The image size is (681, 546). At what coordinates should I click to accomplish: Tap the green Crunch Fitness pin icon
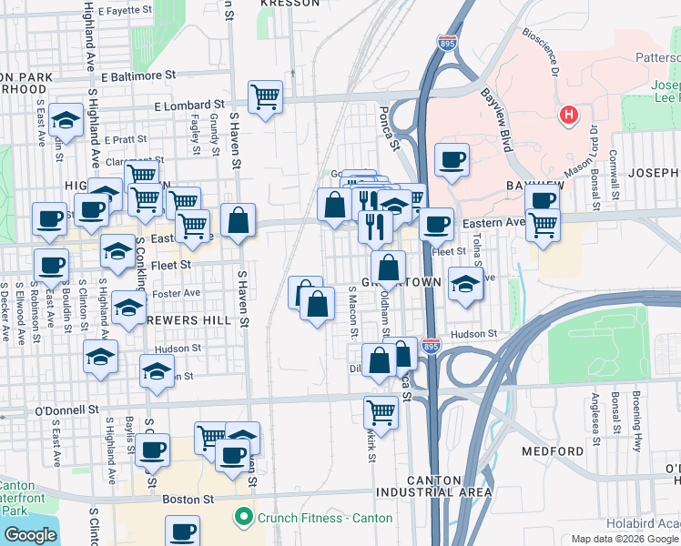click(x=243, y=518)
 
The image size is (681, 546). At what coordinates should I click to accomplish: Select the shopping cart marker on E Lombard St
click(x=265, y=96)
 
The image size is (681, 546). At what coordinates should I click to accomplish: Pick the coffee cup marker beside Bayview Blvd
click(x=452, y=160)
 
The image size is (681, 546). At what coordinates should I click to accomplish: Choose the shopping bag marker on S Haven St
click(x=238, y=220)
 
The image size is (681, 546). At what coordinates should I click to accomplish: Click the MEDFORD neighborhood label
click(x=553, y=451)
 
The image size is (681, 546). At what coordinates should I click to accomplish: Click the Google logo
click(x=30, y=535)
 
